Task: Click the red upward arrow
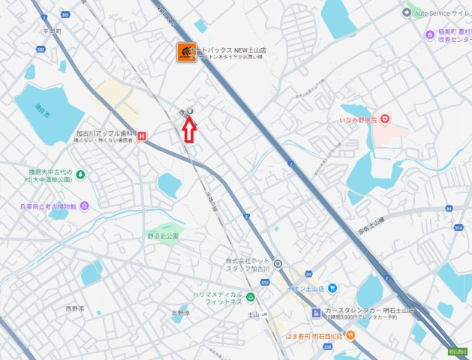[189, 129]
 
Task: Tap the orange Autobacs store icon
[187, 52]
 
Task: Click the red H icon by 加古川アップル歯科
[142, 136]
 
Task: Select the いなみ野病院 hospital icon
[385, 118]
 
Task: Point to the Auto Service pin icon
[407, 12]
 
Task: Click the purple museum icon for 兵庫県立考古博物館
[84, 205]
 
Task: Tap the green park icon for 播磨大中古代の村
[80, 175]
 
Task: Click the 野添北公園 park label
[163, 236]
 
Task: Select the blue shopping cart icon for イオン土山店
[332, 288]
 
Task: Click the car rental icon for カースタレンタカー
[316, 313]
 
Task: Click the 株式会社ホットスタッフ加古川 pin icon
[278, 264]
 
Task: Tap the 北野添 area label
[181, 313]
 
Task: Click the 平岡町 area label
[51, 31]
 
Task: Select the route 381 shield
[65, 14]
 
